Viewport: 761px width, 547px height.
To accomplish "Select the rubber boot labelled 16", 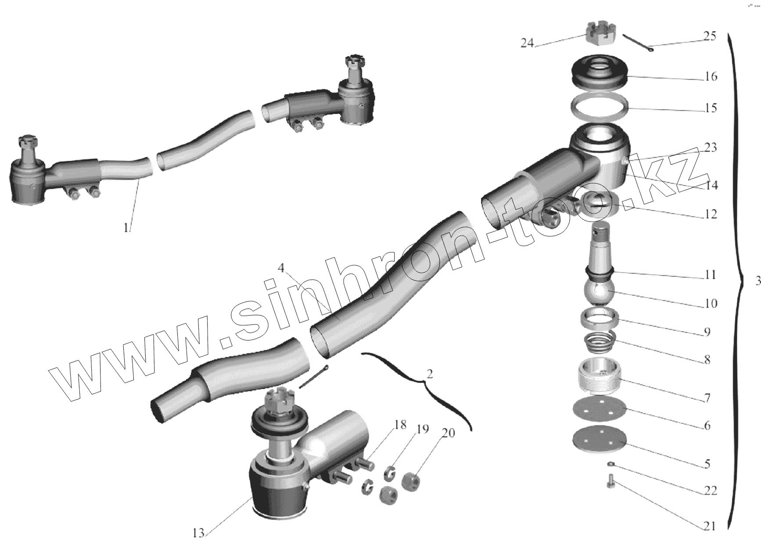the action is tap(600, 73).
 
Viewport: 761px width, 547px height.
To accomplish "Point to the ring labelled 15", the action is tap(600, 107).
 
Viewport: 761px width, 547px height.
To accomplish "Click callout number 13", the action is tap(198, 533).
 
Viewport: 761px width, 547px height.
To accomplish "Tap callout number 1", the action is tap(126, 228).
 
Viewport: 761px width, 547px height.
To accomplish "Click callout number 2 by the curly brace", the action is tap(430, 374).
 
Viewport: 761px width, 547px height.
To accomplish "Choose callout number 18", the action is tap(400, 425).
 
